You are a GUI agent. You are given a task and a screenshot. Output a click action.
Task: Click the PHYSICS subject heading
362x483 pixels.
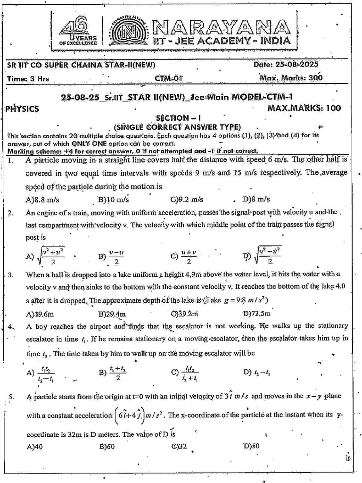point(22,108)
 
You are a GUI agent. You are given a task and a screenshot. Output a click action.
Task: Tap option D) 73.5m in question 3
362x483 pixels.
point(257,313)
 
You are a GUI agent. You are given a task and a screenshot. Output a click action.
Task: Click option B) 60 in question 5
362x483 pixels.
point(107,446)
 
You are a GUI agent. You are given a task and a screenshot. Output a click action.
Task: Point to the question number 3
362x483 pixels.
point(11,275)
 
